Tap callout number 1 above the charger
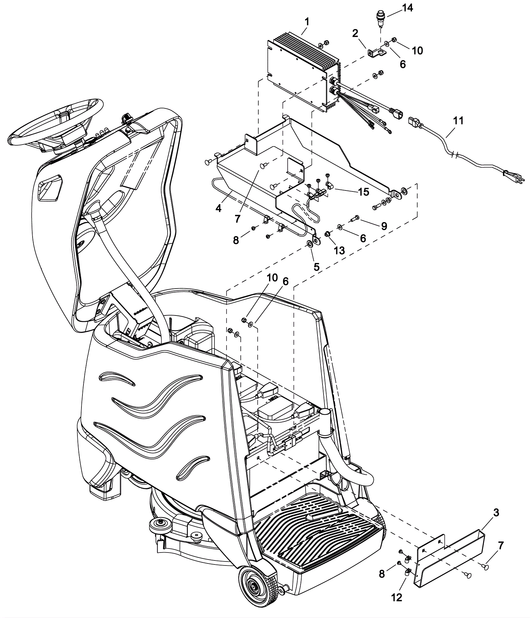click(307, 22)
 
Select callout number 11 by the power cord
click(458, 121)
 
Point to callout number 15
click(364, 192)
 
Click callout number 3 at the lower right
click(496, 512)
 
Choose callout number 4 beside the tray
click(218, 209)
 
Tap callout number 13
click(339, 250)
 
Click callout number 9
click(384, 226)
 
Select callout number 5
click(316, 266)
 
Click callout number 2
click(355, 33)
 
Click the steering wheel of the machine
click(55, 126)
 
